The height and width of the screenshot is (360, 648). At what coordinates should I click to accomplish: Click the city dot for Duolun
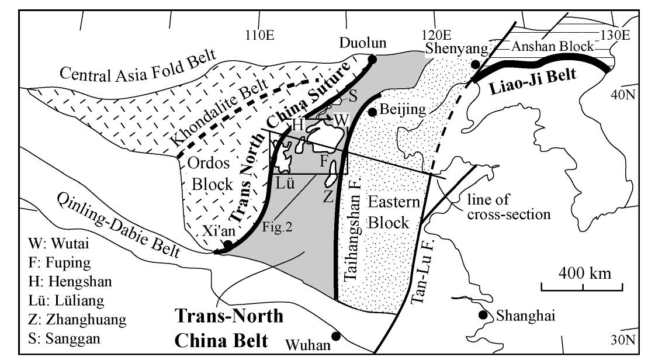[x=372, y=58]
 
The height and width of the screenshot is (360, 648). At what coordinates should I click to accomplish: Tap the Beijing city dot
[x=372, y=111]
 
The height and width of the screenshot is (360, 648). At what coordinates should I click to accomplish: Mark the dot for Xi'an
[x=228, y=244]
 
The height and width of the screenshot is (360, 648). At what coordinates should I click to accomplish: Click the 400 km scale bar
[x=582, y=286]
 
